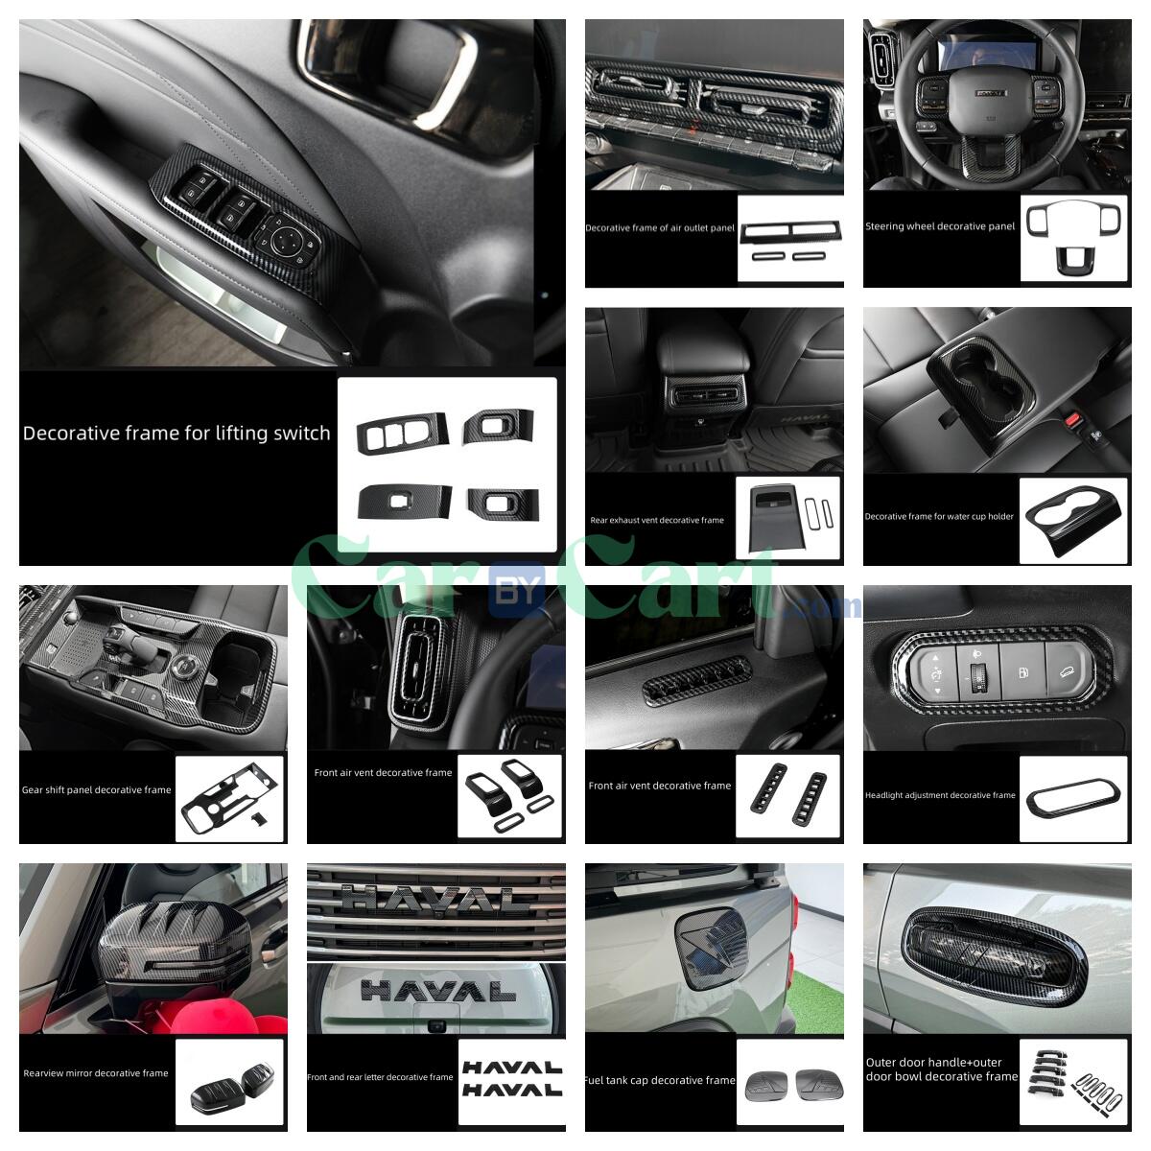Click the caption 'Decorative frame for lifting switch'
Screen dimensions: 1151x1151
176,434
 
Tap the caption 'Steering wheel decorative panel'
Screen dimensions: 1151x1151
939,227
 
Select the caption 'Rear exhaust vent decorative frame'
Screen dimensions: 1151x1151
657,520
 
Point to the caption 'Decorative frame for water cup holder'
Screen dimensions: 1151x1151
939,516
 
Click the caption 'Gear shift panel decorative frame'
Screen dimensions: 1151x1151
96,790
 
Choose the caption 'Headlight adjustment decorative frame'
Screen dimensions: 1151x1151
940,795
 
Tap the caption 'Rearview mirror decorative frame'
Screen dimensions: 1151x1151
96,1073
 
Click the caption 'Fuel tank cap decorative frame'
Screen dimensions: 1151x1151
659,1080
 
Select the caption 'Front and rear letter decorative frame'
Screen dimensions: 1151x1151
380,1077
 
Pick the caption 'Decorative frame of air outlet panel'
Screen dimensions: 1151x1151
660,228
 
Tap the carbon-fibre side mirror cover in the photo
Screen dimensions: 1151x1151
163,950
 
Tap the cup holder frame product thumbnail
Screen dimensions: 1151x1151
1073,518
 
